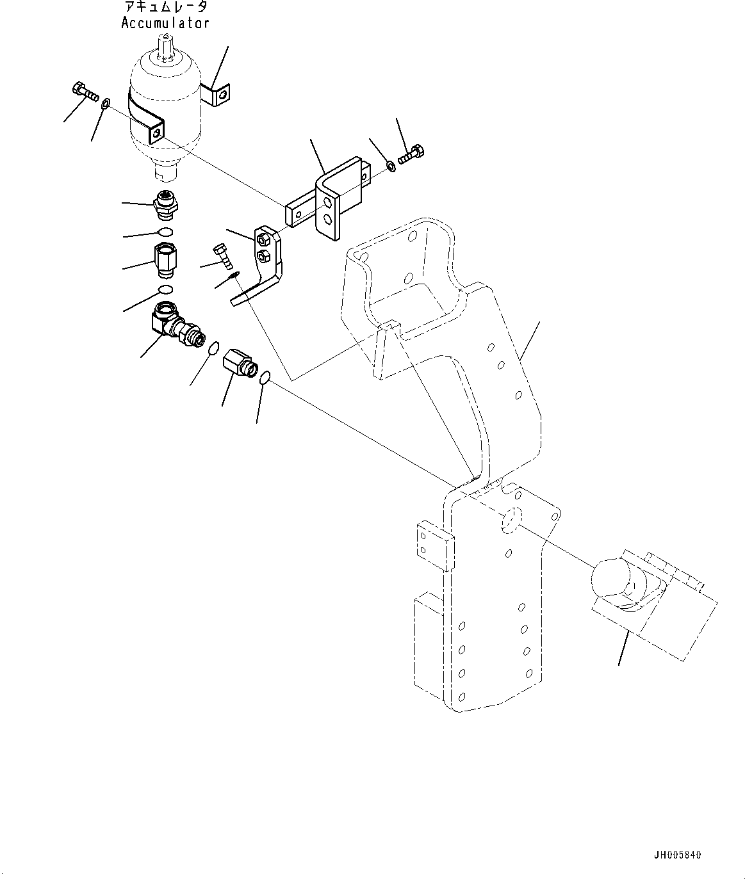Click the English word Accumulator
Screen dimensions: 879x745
click(165, 23)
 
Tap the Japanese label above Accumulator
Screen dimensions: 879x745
click(165, 8)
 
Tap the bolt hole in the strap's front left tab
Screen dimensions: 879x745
click(156, 134)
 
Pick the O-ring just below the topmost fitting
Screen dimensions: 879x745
click(165, 232)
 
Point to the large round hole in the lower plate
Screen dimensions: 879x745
click(511, 521)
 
